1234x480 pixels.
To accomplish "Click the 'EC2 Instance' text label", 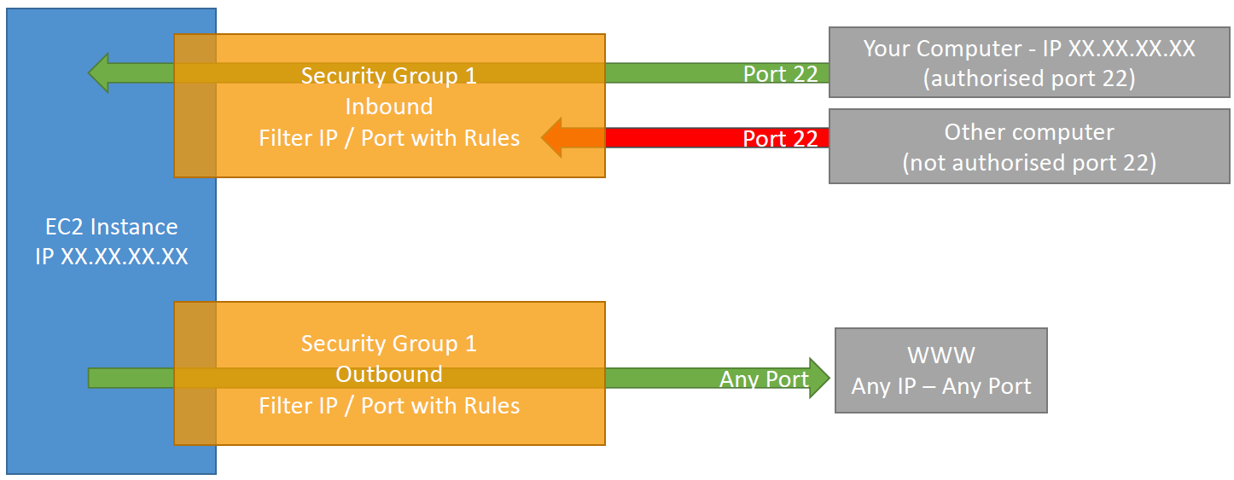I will [x=111, y=227].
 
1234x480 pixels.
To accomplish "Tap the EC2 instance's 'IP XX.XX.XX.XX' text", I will [x=111, y=257].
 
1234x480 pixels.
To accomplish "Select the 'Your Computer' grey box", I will [x=1028, y=62].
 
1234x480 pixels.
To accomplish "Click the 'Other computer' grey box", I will [x=1028, y=146].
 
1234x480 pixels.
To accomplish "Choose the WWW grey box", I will [x=940, y=371].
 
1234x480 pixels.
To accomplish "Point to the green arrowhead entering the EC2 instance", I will [x=100, y=73].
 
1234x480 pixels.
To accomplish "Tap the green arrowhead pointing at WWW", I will [x=819, y=378].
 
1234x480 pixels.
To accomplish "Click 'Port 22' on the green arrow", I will [x=780, y=74].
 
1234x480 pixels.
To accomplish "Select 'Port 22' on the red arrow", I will [x=780, y=138].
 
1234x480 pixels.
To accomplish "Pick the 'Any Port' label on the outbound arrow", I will [x=764, y=379].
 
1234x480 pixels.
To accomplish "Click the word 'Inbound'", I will [x=389, y=107].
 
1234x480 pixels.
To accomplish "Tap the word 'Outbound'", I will [x=389, y=374].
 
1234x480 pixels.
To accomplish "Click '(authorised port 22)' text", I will [x=1028, y=78].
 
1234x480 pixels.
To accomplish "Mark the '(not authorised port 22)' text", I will [x=1028, y=162].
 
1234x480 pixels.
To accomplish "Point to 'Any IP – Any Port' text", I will [x=940, y=386].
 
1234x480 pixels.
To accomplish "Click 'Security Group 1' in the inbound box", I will [x=389, y=76].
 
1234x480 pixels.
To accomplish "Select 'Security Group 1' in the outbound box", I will [x=389, y=344].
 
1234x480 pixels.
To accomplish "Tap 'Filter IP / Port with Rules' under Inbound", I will [x=389, y=137].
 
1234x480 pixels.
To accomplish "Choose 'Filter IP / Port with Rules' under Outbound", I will [x=389, y=405].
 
